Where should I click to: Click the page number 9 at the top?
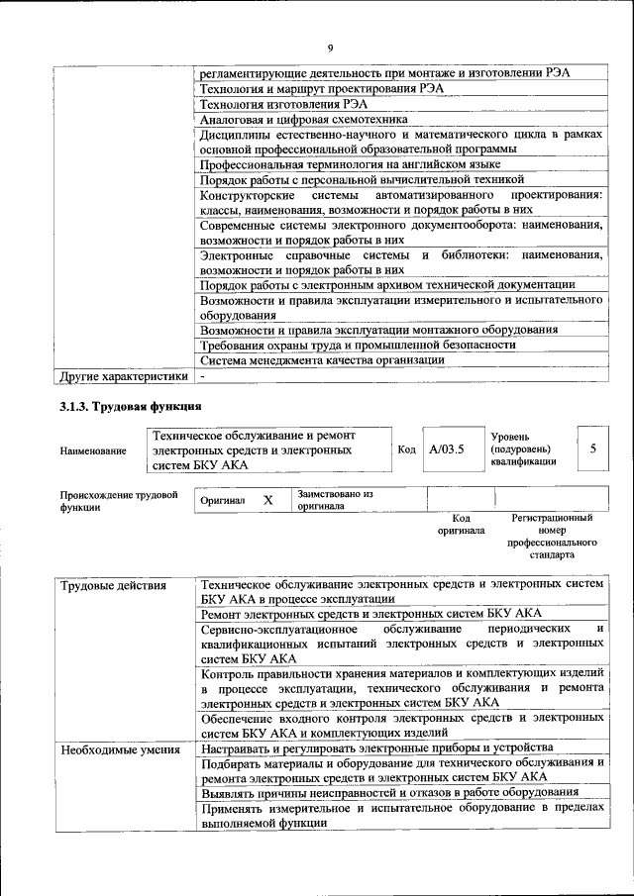point(330,48)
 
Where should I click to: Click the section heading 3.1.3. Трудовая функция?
point(131,406)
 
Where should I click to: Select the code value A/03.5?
point(447,448)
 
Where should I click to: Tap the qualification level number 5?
point(592,448)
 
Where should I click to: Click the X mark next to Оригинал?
point(267,500)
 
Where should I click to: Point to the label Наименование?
point(93,450)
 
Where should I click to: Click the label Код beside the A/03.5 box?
point(406,448)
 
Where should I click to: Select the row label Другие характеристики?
point(123,377)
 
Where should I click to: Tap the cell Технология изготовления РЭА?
point(268,103)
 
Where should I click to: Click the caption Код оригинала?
point(461,524)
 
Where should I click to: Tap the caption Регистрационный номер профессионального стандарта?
point(552,537)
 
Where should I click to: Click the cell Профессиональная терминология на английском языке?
point(350,163)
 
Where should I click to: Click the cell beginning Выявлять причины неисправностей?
point(389,792)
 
